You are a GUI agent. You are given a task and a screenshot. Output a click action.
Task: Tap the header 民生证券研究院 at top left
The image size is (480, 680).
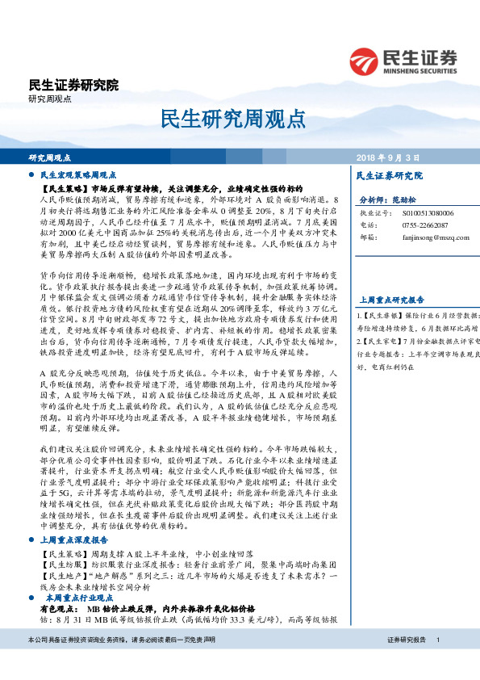[x=73, y=84]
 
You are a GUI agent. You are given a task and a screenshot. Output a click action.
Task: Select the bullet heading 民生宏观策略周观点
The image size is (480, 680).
[x=78, y=174]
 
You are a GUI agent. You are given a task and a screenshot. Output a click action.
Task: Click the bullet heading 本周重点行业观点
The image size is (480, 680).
[x=78, y=574]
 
